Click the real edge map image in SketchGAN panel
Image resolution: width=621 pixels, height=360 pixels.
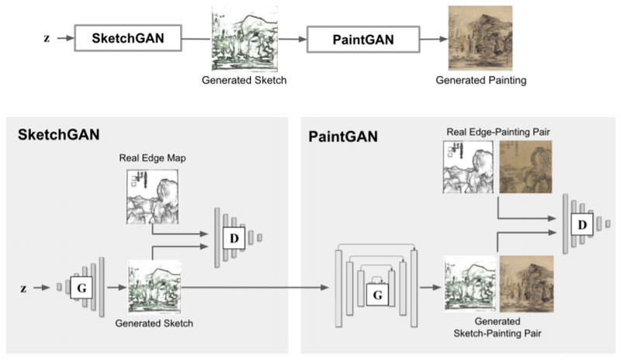tap(154, 196)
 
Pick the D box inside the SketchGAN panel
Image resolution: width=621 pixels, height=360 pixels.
tap(233, 237)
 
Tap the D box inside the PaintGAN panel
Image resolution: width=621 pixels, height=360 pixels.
tap(580, 224)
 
